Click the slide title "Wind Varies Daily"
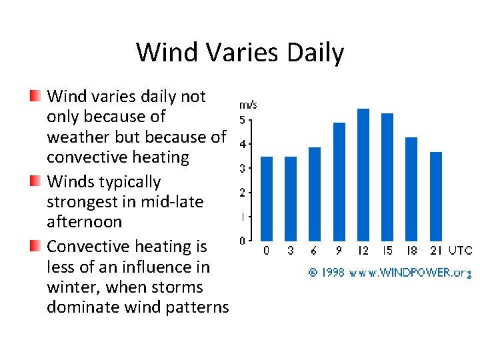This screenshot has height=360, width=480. point(240,52)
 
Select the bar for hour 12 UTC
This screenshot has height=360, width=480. point(363,175)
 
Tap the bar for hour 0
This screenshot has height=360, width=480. point(267,199)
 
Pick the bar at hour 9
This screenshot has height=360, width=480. point(339,181)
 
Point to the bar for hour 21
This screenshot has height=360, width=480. point(436,196)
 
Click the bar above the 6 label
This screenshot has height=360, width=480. point(315,194)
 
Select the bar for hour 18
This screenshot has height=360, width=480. point(411,189)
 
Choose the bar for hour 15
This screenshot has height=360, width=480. point(387,177)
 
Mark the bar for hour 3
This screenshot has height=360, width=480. point(291,199)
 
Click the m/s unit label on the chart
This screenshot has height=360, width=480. point(248,105)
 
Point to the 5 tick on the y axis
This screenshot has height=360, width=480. point(243,120)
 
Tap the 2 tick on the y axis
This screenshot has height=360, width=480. point(243,193)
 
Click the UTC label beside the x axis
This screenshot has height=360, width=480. point(461,251)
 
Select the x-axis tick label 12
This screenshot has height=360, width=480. point(363,251)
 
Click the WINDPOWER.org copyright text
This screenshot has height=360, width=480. point(390,272)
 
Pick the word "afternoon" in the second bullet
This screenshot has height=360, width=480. point(85,222)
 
